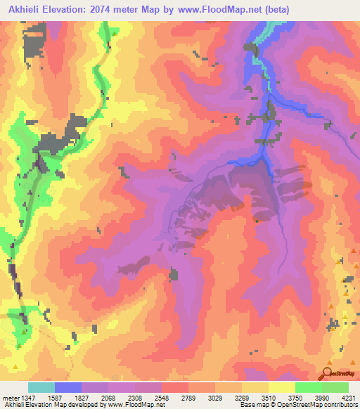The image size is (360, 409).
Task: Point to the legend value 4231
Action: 348,398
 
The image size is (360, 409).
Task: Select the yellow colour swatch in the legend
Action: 281,387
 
